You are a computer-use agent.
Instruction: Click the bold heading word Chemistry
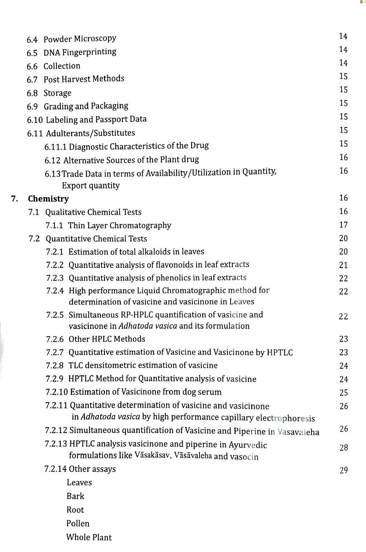click(48, 199)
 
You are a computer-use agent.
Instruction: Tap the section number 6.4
click(32, 39)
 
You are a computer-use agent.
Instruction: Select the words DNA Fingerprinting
click(80, 52)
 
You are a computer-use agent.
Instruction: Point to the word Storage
click(57, 93)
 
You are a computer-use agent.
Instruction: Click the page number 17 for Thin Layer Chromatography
click(343, 225)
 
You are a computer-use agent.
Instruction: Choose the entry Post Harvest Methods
click(84, 79)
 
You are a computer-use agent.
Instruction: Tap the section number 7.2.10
click(57, 392)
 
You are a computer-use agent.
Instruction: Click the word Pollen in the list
click(78, 523)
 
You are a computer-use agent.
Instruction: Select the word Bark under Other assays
click(75, 496)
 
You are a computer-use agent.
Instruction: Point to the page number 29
click(343, 470)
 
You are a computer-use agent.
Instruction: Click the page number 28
click(343, 448)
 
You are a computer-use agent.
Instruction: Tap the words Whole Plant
click(89, 537)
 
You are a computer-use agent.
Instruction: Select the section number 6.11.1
click(56, 147)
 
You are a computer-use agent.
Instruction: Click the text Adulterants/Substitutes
click(90, 133)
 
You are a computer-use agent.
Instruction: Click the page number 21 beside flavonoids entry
click(343, 265)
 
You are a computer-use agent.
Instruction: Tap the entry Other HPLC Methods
click(107, 339)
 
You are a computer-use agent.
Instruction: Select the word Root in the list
click(75, 510)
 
